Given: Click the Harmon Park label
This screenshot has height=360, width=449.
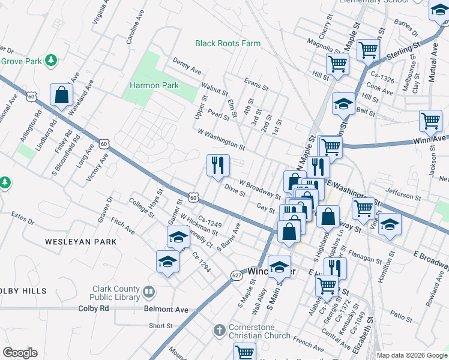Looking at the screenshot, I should (154, 86).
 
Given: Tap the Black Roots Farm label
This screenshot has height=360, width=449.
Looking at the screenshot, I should (228, 43).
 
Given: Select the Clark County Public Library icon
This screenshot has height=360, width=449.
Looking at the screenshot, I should (149, 292).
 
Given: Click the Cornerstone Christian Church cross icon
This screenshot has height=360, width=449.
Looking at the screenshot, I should (220, 331).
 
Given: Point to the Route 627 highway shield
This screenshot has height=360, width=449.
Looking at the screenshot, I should (237, 275).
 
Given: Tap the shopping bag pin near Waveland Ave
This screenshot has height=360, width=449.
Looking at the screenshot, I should (61, 95).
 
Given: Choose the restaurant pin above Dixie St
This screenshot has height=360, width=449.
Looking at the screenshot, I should (218, 165).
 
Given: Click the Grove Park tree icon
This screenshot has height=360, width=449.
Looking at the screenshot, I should (52, 60).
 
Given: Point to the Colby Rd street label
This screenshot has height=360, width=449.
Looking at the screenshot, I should (94, 308).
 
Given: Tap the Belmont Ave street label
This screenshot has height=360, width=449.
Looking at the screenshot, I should (166, 310).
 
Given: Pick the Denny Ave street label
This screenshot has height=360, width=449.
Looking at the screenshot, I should (187, 66).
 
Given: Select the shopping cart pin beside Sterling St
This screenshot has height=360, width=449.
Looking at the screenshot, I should (368, 50).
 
